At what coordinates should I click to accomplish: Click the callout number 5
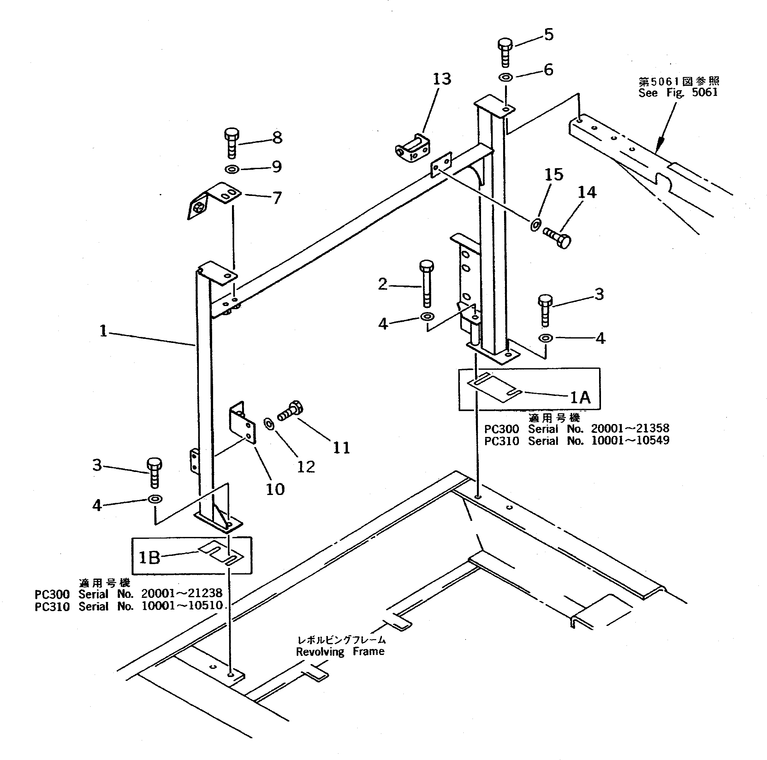(x=549, y=35)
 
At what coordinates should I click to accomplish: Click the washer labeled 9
(x=231, y=170)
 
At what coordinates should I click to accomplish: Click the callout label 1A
(x=580, y=397)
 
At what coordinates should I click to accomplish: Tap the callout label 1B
(x=149, y=557)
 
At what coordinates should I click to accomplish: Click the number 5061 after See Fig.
(x=705, y=92)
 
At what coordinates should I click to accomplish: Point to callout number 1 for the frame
(x=103, y=331)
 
